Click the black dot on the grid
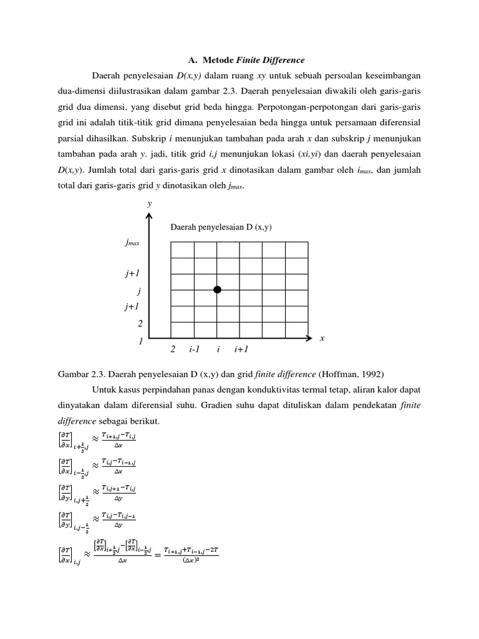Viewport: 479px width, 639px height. [x=217, y=290]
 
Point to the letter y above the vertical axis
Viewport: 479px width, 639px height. [x=149, y=203]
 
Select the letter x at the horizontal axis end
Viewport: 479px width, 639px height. [x=322, y=338]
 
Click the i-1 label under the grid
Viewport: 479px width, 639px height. [x=194, y=350]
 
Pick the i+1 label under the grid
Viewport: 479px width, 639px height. [x=241, y=350]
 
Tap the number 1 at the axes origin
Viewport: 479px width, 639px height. [x=141, y=342]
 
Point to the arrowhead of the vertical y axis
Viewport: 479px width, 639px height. [x=149, y=216]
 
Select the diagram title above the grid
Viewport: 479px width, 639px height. [x=221, y=227]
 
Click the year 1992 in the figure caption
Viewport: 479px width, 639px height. [x=370, y=374]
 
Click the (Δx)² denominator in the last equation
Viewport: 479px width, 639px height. [x=190, y=558]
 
